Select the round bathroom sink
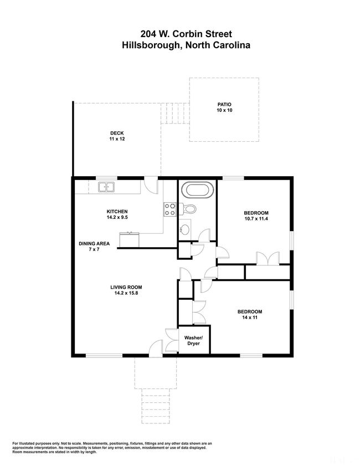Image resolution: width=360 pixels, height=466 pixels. coord(185,229)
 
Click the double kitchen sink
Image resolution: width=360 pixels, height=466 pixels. coord(106,187)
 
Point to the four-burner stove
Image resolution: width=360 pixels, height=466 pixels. coord(170,209)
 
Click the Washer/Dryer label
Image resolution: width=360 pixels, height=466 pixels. coord(193,341)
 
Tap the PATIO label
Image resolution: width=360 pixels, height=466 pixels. coord(224,104)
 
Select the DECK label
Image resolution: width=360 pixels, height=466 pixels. coord(117,133)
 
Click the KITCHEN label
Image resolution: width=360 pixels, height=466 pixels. coord(117,212)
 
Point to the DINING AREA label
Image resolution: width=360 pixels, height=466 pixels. coord(94,243)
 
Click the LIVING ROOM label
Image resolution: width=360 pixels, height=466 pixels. coord(126,287)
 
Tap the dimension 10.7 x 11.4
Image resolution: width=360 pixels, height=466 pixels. coord(256,219)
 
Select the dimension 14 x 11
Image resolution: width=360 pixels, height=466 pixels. coord(250,318)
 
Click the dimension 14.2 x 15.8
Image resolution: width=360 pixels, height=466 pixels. coord(126,293)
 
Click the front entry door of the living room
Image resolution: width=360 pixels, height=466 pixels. coord(156,347)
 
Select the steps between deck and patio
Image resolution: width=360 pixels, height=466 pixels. coord(175,113)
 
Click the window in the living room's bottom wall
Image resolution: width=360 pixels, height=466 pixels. coord(104,355)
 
